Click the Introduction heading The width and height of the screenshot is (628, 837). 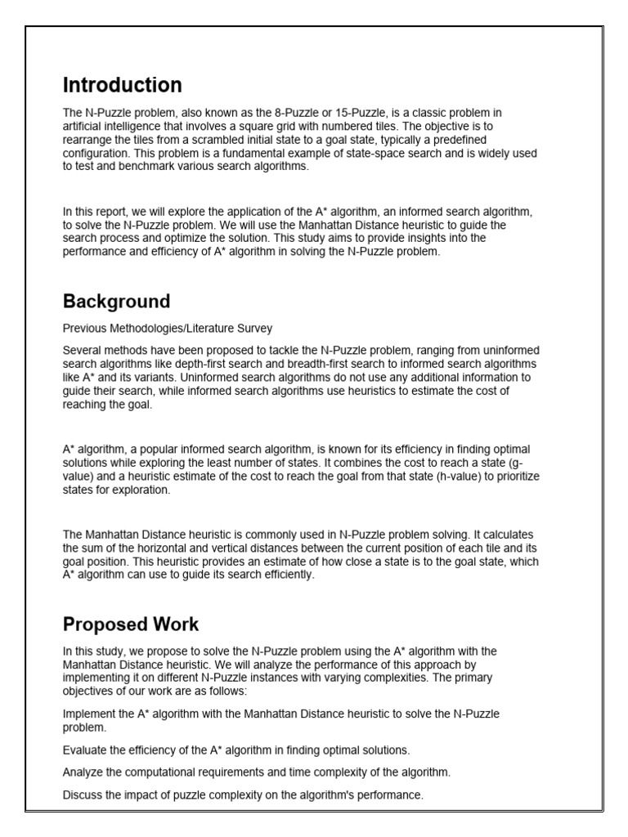pyautogui.click(x=123, y=85)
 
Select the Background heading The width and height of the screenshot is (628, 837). pyautogui.click(x=116, y=301)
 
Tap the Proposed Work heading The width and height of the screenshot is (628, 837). pyautogui.click(x=131, y=624)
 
